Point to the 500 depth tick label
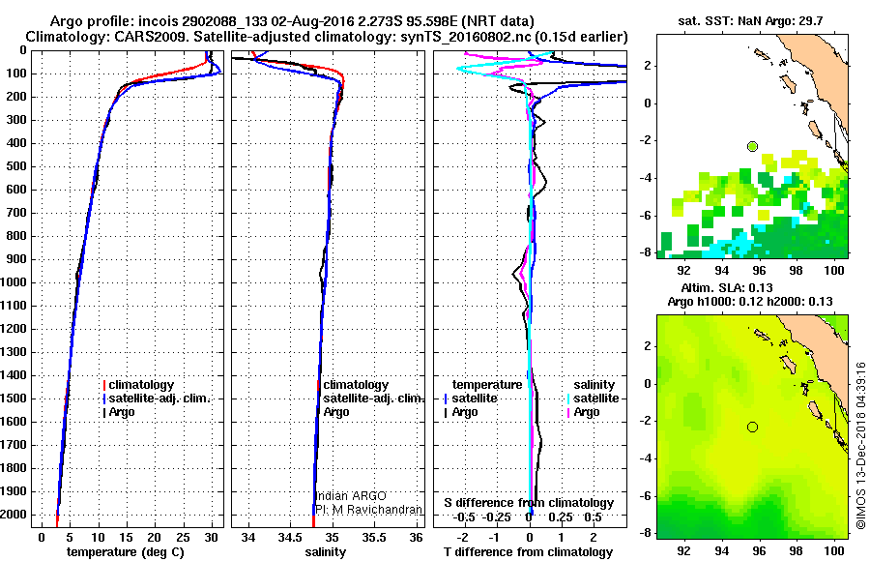[x=16, y=166]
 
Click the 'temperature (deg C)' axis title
[x=125, y=551]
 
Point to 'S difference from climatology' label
[x=529, y=503]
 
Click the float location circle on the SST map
[x=752, y=146]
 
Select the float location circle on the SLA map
[x=752, y=427]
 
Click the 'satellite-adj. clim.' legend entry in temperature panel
[x=159, y=399]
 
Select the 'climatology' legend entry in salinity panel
[x=356, y=385]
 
